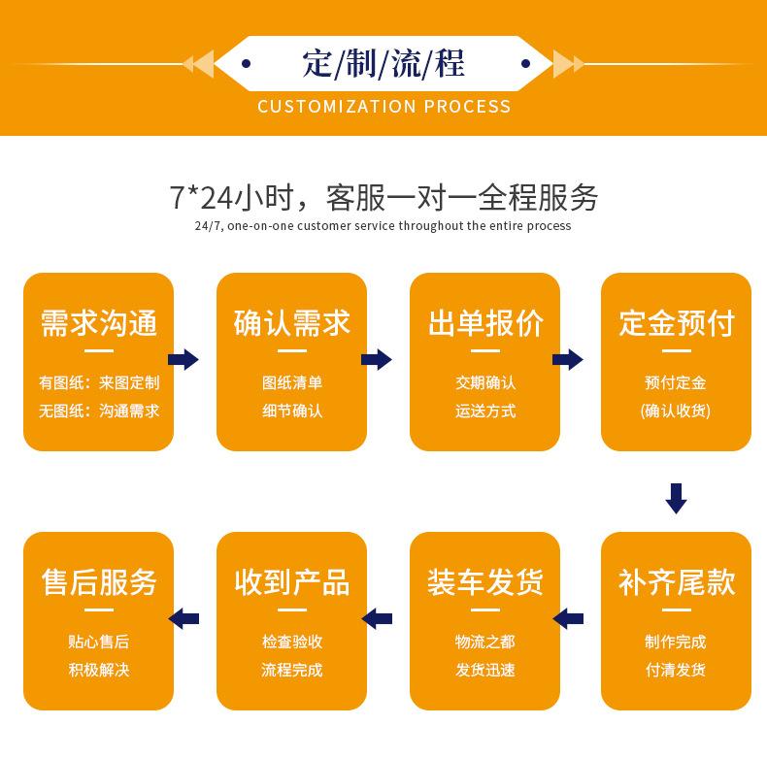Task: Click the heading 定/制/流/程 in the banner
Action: point(383,64)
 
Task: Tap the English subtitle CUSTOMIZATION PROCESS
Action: point(383,106)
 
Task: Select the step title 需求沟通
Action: point(98,323)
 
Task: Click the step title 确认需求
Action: point(291,323)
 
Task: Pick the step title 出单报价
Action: point(484,323)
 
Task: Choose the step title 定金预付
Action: point(676,323)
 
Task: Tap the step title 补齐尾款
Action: point(676,582)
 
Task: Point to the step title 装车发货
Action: point(484,582)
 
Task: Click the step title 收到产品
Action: point(291,582)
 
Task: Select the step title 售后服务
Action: point(98,582)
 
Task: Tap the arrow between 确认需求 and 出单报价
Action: point(376,360)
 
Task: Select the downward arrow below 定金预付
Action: point(676,497)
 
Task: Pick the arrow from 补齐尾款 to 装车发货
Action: point(569,618)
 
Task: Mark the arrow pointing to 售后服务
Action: point(183,618)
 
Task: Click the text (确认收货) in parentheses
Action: point(676,411)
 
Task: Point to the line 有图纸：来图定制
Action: point(98,382)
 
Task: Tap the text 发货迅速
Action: point(484,670)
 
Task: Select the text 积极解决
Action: point(98,670)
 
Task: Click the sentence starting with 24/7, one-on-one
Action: point(383,226)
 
